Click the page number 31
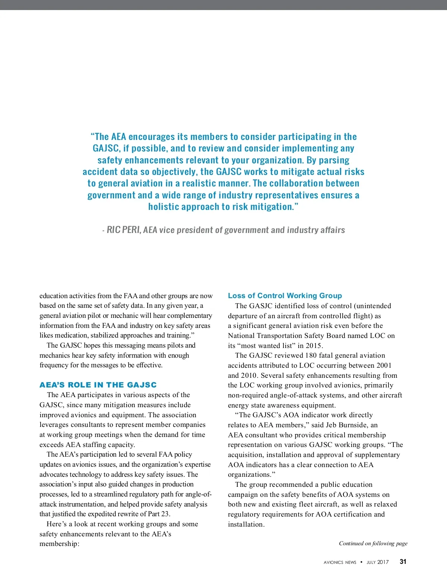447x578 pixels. tap(403, 562)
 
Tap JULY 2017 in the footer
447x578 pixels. tap(377, 562)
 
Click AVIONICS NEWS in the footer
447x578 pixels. tap(340, 562)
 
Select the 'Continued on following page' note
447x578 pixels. tap(373, 543)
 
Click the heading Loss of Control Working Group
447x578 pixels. tap(285, 296)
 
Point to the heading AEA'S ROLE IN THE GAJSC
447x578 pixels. tap(98, 385)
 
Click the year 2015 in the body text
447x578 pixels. tap(314, 346)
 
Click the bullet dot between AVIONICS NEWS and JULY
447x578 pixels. tap(361, 562)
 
